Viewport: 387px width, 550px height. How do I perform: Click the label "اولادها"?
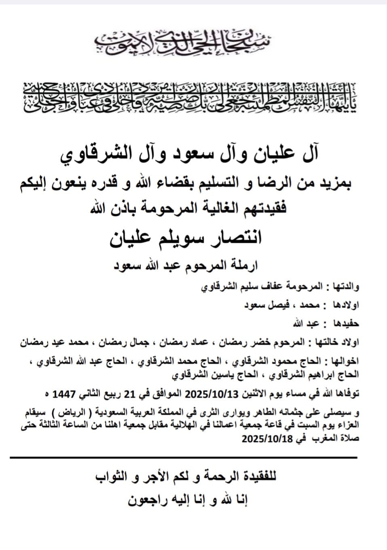click(344, 306)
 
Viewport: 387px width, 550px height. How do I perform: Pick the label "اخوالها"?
click(343, 360)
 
